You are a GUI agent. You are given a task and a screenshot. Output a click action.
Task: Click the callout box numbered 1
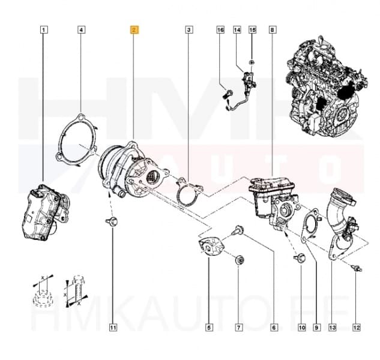coord(43,29)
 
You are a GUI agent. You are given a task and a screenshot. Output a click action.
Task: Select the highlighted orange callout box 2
coord(135,29)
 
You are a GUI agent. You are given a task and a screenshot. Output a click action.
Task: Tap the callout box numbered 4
coord(82,29)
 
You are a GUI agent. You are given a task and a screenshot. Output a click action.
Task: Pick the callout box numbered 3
coord(189,29)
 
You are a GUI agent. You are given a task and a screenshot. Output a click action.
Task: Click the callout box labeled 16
coord(220,29)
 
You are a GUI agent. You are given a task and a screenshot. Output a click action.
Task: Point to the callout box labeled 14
coord(237,29)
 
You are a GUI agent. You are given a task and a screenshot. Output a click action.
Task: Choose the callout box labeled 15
coord(252,29)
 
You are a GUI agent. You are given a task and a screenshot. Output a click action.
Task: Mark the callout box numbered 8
coord(274,29)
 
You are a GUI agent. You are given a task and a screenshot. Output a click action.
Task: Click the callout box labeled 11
coord(112,327)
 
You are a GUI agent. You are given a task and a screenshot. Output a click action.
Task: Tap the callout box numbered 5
coord(208,327)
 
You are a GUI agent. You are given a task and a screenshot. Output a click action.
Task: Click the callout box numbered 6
coord(274,327)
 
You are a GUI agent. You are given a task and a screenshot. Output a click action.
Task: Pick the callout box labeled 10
coord(301,327)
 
